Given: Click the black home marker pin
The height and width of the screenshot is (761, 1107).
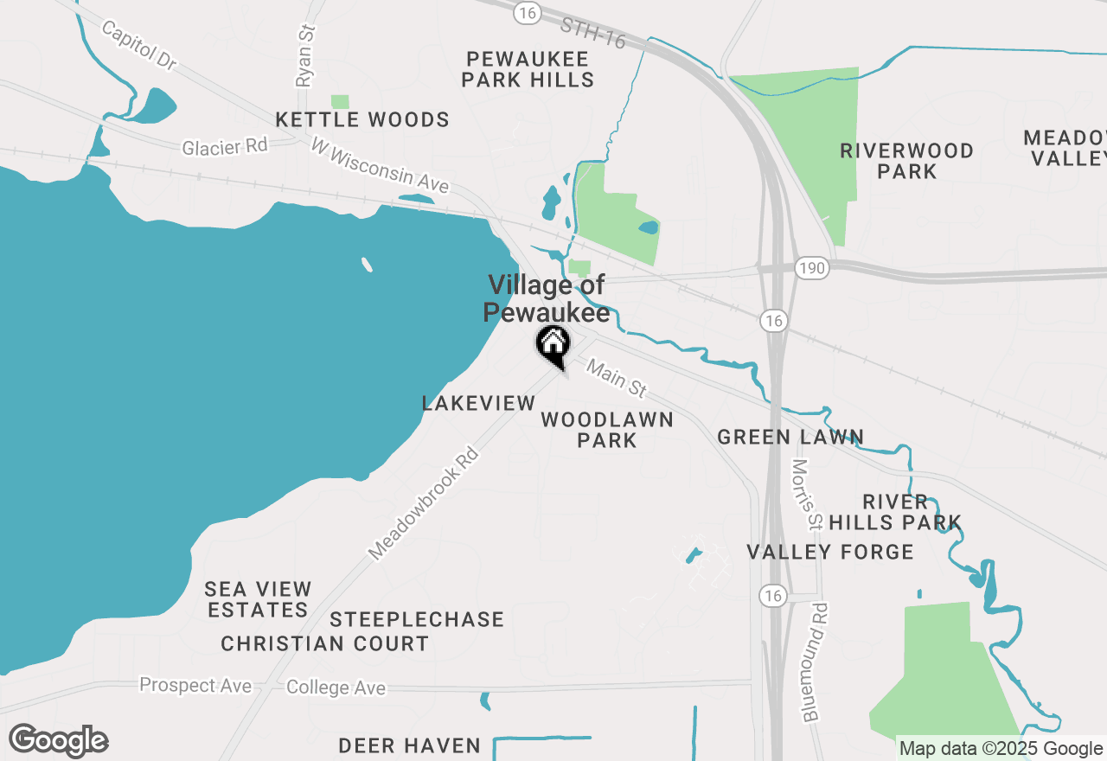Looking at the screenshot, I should pyautogui.click(x=553, y=346).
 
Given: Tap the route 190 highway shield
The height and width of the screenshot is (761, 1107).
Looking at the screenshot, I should pyautogui.click(x=812, y=269).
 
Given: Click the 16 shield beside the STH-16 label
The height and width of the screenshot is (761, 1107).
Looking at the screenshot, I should pyautogui.click(x=527, y=12).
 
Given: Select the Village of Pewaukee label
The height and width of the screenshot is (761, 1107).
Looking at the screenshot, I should pyautogui.click(x=547, y=298).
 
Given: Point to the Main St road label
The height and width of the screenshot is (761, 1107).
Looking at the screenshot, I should pyautogui.click(x=617, y=379).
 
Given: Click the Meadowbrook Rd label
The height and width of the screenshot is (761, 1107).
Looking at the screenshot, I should pyautogui.click(x=423, y=502).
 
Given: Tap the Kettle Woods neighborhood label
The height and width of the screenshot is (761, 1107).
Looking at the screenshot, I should pyautogui.click(x=362, y=119).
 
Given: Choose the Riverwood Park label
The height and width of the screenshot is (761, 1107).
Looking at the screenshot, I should pyautogui.click(x=906, y=161).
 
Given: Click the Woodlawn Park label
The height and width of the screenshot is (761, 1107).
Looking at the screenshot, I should pyautogui.click(x=607, y=430).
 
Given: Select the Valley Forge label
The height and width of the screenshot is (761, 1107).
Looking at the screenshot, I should pyautogui.click(x=830, y=552).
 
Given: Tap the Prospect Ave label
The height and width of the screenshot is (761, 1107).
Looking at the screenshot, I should pyautogui.click(x=195, y=686).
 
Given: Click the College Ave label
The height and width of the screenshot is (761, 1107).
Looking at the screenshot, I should pyautogui.click(x=336, y=688).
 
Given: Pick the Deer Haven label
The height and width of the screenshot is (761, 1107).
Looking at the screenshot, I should pyautogui.click(x=410, y=745).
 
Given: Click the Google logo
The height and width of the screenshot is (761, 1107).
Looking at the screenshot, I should pyautogui.click(x=59, y=741).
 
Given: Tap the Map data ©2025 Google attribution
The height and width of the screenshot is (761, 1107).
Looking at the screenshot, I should pyautogui.click(x=1001, y=749).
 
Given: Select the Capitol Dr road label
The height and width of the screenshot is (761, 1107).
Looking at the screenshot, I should pyautogui.click(x=138, y=44).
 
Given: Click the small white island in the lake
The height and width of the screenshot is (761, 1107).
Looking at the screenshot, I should pyautogui.click(x=367, y=265).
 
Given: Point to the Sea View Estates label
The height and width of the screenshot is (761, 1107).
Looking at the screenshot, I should pyautogui.click(x=258, y=599).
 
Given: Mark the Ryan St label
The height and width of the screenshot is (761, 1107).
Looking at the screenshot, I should pyautogui.click(x=305, y=55).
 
